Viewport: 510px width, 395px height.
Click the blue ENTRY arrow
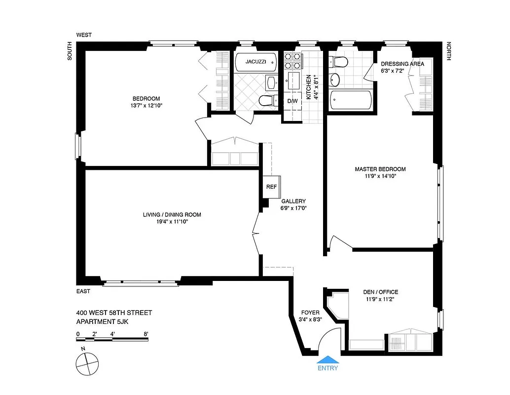[327, 360]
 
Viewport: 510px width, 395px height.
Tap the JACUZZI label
[256, 62]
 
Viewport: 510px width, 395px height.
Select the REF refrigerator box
[271, 187]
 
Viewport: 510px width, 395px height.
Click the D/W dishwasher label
[293, 101]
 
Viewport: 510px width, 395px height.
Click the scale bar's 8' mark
[146, 334]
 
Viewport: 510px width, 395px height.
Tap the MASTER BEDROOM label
[380, 169]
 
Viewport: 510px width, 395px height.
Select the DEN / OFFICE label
[382, 292]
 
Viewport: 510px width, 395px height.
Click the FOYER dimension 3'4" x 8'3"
[310, 319]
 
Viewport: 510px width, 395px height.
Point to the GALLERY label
[293, 201]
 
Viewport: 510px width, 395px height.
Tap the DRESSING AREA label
[402, 64]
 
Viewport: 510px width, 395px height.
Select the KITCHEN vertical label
[309, 87]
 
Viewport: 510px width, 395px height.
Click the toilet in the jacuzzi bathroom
[266, 101]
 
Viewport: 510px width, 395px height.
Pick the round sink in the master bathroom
[335, 79]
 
